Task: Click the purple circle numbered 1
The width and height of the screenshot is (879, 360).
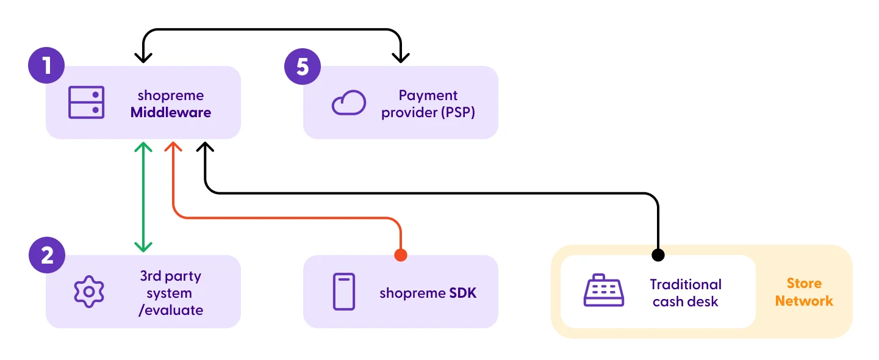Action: [46, 66]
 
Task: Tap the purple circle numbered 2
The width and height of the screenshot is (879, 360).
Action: [46, 255]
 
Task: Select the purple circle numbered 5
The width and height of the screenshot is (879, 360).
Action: [303, 66]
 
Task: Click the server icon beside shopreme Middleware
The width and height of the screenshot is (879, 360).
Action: [86, 103]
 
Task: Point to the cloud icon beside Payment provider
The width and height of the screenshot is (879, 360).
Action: [348, 103]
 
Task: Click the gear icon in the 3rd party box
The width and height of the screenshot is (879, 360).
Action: [89, 292]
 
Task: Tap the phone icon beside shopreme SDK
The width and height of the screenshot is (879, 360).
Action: [343, 292]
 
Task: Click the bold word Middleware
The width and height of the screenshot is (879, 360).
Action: [171, 112]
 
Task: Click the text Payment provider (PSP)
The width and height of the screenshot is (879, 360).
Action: [428, 104]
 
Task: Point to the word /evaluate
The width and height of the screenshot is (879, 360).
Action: [171, 310]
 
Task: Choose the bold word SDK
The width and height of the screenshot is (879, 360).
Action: [463, 293]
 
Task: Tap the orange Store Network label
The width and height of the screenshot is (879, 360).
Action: [804, 292]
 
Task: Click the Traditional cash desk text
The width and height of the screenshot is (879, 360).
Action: [686, 293]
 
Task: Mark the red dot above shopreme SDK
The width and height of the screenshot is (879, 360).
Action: [400, 255]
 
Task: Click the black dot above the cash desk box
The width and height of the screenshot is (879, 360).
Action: [658, 254]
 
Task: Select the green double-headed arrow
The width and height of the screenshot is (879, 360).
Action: [143, 196]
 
